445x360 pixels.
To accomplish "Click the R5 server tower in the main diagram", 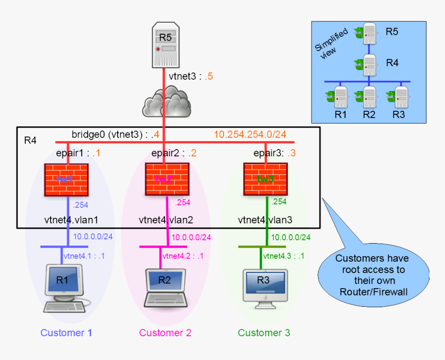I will pyautogui.click(x=164, y=45).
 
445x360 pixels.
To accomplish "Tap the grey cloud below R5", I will pyautogui.click(x=166, y=102).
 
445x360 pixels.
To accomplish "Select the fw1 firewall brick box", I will pyautogui.click(x=66, y=179).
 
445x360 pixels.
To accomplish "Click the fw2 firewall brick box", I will pyautogui.click(x=166, y=179).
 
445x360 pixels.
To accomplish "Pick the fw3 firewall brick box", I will pyautogui.click(x=265, y=179).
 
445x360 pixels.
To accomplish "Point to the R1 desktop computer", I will pyautogui.click(x=63, y=287).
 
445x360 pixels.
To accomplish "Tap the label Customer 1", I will pyautogui.click(x=66, y=333).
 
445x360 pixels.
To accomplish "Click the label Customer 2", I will pyautogui.click(x=165, y=333).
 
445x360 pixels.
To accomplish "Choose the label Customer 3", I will pyautogui.click(x=264, y=333).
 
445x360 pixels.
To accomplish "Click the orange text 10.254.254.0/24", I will pyautogui.click(x=250, y=134).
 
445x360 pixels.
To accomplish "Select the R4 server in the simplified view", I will pyautogui.click(x=369, y=64).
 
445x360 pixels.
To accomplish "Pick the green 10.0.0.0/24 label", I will pyautogui.click(x=291, y=237).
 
